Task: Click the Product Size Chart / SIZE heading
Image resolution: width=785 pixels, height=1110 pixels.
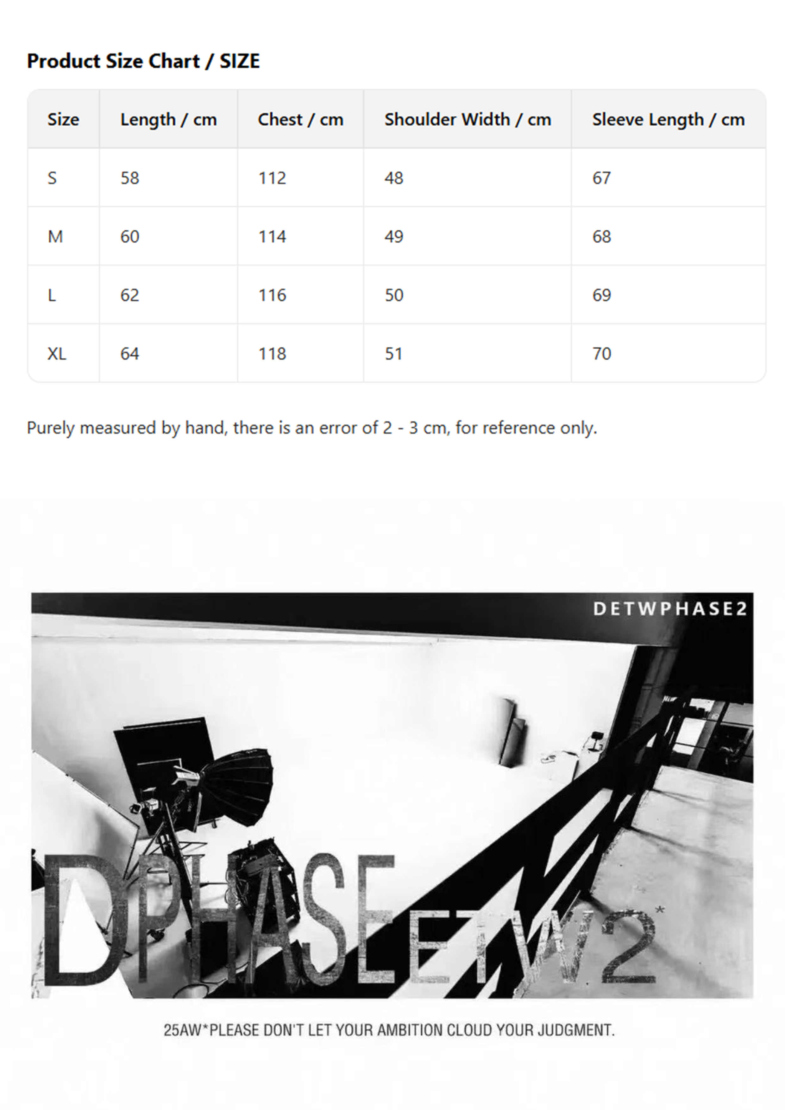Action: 143,61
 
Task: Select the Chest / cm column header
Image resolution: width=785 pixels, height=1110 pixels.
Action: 300,119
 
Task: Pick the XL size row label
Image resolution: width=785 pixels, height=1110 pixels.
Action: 57,354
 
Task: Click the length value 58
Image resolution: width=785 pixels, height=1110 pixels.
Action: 130,178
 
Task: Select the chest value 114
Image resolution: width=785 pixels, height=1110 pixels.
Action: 272,236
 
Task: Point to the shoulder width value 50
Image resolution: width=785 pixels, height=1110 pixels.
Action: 394,295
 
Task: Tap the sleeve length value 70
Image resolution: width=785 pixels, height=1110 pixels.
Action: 602,354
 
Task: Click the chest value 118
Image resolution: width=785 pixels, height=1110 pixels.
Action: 272,354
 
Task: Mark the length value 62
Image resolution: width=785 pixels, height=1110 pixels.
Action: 130,295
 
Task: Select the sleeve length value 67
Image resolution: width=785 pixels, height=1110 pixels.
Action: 602,178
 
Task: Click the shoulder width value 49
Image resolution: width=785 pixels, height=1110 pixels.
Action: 394,236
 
